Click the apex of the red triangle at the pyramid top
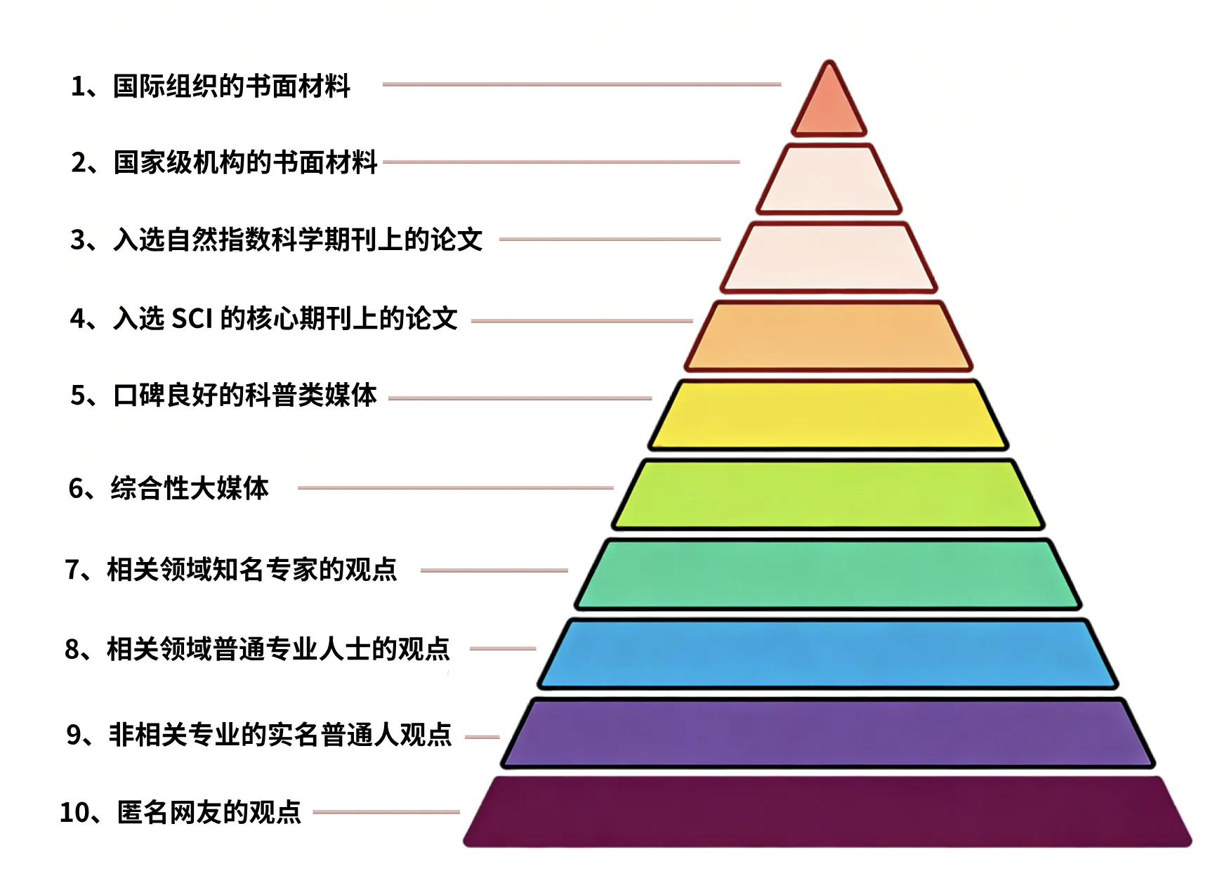coord(829,61)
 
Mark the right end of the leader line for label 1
coord(781,84)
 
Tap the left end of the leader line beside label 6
coord(298,487)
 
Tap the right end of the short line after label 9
coord(499,737)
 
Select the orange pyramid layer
coord(829,336)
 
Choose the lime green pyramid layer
coord(829,495)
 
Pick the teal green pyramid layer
coord(829,574)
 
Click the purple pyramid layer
coord(829,733)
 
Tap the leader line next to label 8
coord(503,648)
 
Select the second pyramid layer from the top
coord(829,178)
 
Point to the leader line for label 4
coord(582,321)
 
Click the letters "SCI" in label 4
coord(192,319)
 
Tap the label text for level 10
coord(180,812)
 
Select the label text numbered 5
coord(224,395)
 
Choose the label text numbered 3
coord(277,240)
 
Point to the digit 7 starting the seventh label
coord(72,570)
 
